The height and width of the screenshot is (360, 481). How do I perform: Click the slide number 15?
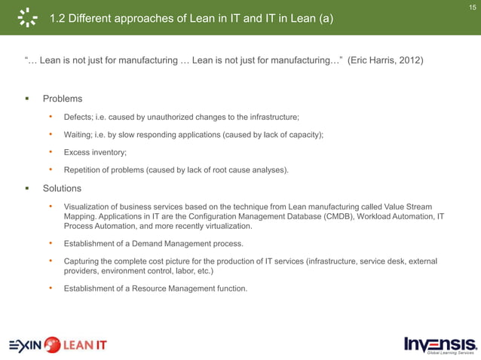(x=473, y=7)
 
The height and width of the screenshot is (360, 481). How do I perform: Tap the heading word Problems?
(x=63, y=99)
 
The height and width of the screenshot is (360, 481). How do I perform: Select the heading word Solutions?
(x=63, y=188)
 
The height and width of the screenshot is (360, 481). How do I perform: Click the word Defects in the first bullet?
(x=79, y=117)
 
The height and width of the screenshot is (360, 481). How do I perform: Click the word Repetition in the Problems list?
(x=84, y=170)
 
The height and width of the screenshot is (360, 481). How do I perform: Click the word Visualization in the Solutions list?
(x=91, y=206)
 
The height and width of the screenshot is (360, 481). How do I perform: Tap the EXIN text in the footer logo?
(x=25, y=346)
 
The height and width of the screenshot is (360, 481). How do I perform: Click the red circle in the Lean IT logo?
(x=52, y=346)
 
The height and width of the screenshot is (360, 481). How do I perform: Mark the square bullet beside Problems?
(x=26, y=99)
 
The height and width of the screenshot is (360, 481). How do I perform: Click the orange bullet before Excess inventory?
(x=50, y=152)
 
